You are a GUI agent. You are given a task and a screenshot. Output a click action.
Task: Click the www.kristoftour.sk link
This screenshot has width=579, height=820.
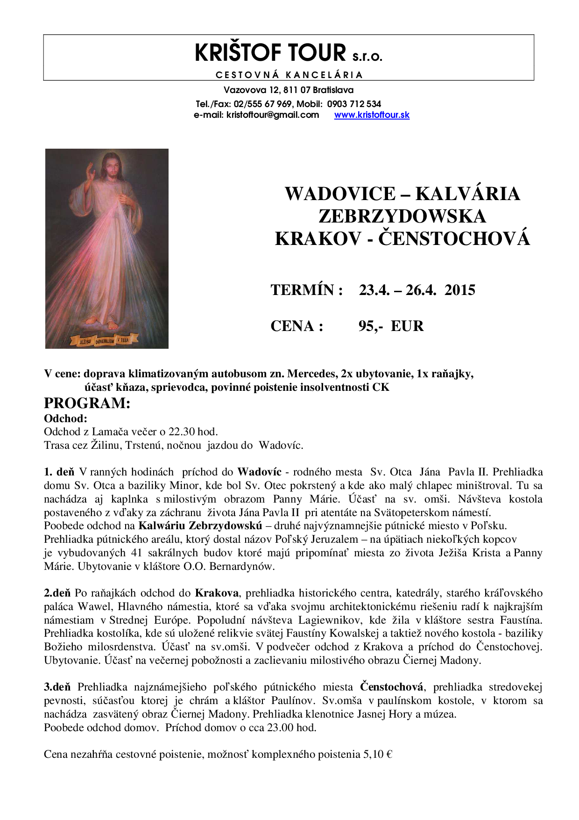click(x=372, y=115)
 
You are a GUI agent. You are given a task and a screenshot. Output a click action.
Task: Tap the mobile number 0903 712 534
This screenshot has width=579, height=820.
click(x=354, y=104)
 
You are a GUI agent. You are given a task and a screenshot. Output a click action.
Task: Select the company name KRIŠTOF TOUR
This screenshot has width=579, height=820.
click(x=270, y=53)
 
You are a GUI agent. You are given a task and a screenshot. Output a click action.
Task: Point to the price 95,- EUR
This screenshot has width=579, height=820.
click(x=391, y=326)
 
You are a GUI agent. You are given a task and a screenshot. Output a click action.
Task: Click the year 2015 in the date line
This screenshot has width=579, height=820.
click(x=460, y=290)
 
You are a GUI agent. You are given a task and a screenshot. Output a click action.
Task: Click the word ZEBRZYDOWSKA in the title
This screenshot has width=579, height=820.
click(x=402, y=216)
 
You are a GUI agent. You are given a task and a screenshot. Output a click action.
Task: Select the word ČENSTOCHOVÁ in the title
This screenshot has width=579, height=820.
click(x=454, y=239)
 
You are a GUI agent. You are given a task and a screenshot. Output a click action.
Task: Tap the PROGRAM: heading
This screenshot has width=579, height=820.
click(x=87, y=403)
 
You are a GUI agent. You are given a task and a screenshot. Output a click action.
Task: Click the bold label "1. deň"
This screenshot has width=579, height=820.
click(x=59, y=472)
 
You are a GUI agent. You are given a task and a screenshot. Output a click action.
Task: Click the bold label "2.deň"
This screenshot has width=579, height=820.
click(x=57, y=593)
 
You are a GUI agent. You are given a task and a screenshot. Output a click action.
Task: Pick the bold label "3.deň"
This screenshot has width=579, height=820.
click(x=57, y=687)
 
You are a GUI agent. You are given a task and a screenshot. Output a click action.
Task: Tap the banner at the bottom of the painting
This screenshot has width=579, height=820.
click(x=104, y=340)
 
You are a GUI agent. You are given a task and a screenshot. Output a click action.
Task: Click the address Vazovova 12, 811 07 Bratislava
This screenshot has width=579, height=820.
click(x=289, y=90)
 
